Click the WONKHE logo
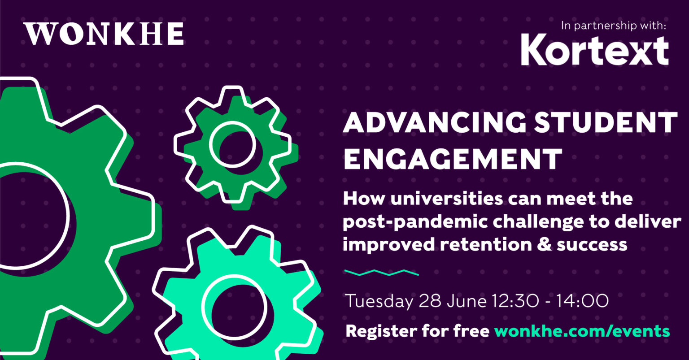coord(104,34)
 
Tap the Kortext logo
coord(594,50)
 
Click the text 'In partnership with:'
coord(613,26)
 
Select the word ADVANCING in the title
coord(435,122)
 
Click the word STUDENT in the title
coord(605,122)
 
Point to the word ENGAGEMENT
coord(453,159)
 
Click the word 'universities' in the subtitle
coord(447,199)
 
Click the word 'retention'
coord(486,245)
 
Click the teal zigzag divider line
coord(381,273)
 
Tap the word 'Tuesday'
coord(379,301)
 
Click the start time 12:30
coord(515,301)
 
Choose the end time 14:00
coord(582,301)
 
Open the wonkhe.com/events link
coord(582,331)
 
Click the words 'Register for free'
coord(418,331)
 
